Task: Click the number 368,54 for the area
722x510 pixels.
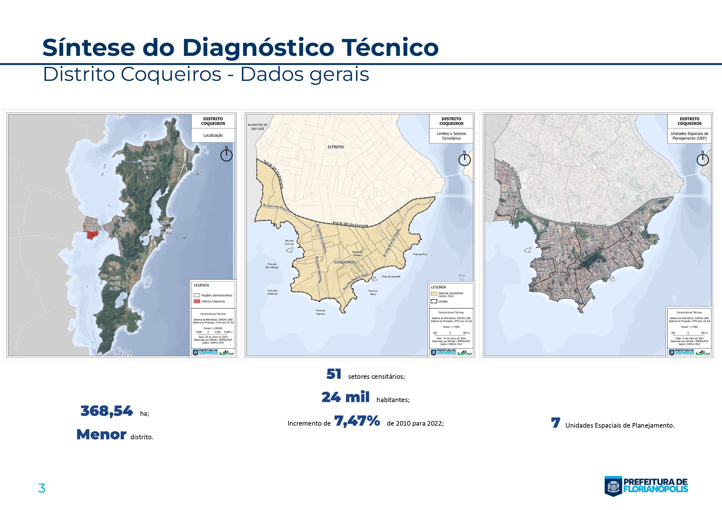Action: pos(107,411)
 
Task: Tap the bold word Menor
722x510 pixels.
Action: pos(101,435)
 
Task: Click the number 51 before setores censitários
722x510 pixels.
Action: pos(334,374)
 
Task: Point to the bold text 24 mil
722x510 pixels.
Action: pos(345,397)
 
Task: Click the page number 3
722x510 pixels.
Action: pos(42,488)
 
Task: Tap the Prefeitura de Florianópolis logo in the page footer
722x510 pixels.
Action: pos(646,486)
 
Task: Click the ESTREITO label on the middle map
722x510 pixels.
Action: pos(336,147)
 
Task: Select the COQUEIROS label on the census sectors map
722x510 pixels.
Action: pos(345,262)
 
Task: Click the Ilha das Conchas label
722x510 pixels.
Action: pos(289,242)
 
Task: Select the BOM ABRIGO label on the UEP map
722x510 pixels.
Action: pos(543,269)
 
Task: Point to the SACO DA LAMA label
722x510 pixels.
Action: pos(638,223)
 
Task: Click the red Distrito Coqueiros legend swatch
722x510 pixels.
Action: pos(197,301)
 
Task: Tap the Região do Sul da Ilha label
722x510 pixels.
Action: pos(115,283)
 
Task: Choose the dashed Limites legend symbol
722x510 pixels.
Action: pos(434,301)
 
